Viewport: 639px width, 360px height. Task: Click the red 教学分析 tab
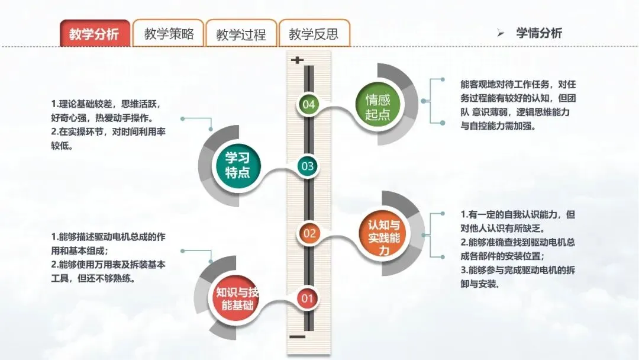pyautogui.click(x=94, y=34)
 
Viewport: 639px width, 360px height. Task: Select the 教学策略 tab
pyautogui.click(x=169, y=34)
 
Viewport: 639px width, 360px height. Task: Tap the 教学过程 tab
pyautogui.click(x=241, y=34)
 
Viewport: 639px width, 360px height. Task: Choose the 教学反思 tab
pyautogui.click(x=314, y=34)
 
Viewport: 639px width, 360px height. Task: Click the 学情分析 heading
pyautogui.click(x=538, y=33)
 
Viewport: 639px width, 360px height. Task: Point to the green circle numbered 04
pyautogui.click(x=308, y=105)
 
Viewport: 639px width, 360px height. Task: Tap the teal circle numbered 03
pyautogui.click(x=308, y=166)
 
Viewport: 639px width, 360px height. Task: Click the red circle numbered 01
pyautogui.click(x=307, y=298)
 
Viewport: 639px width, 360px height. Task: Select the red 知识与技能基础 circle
pyautogui.click(x=237, y=298)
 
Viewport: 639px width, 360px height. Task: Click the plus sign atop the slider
pyautogui.click(x=297, y=60)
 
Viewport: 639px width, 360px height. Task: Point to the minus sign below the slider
pyautogui.click(x=298, y=337)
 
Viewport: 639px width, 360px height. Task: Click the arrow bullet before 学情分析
pyautogui.click(x=501, y=34)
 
